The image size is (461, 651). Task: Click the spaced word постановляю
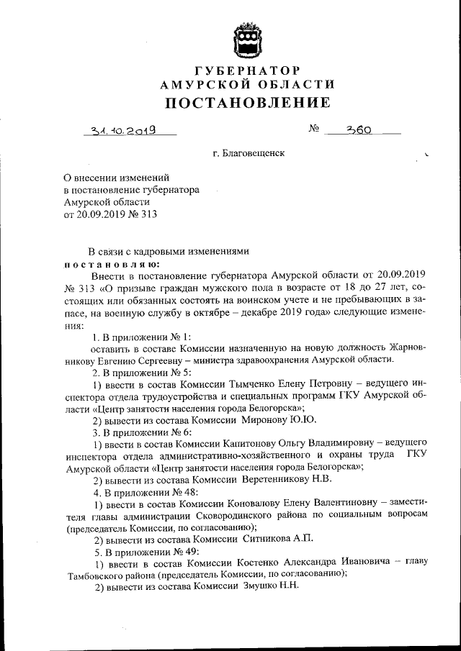tap(108, 263)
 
